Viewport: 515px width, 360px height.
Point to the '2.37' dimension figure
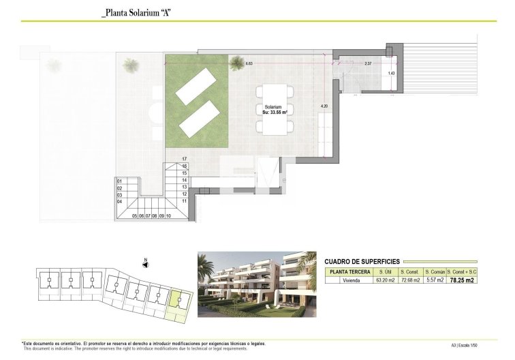tap(368, 63)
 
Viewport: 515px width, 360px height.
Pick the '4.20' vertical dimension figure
tap(324, 106)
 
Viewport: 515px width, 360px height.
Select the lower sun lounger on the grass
tap(199, 119)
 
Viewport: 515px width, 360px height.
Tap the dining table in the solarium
tap(275, 109)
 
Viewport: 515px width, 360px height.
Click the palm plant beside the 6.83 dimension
tap(236, 64)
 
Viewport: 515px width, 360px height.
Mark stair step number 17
tap(183, 160)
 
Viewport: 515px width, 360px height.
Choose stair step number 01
tap(119, 181)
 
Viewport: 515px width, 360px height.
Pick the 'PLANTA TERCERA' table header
tap(350, 271)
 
